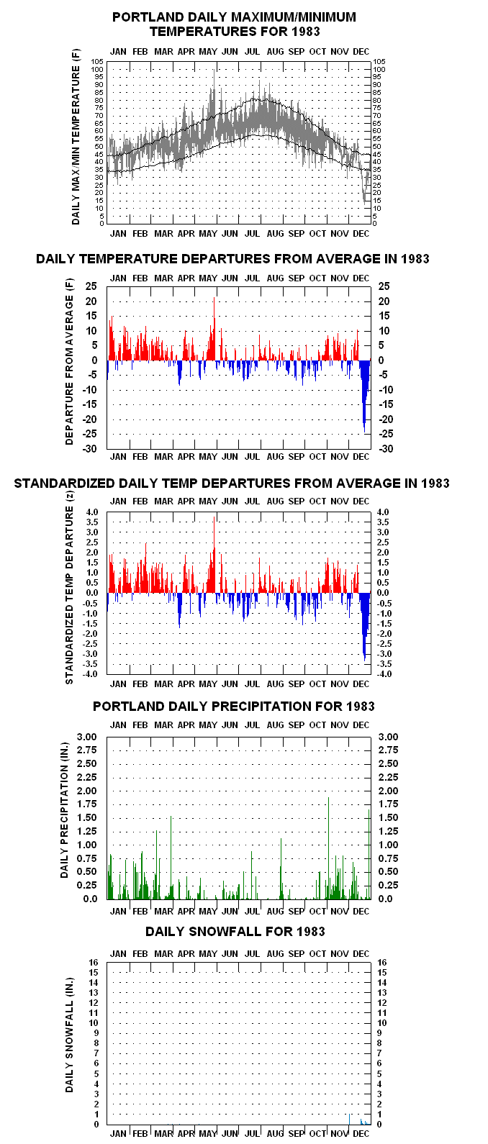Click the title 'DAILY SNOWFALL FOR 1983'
tap(235, 931)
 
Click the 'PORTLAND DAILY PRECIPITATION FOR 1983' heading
tap(233, 706)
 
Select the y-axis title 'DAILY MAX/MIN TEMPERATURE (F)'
tap(76, 137)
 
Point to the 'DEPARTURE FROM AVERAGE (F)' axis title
tap(69, 362)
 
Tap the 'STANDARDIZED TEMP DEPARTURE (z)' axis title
tap(69, 587)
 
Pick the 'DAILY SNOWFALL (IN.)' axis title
tap(69, 1035)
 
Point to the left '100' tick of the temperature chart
tap(97, 70)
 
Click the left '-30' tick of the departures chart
tap(89, 448)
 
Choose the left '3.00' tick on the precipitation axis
tap(87, 737)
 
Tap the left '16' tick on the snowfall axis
tap(94, 962)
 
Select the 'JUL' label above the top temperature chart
tap(252, 52)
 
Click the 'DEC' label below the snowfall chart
tap(361, 1133)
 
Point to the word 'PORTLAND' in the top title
tap(145, 17)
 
